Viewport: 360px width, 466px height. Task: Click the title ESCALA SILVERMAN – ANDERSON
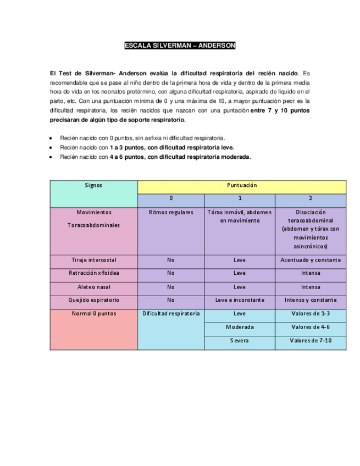coord(180,46)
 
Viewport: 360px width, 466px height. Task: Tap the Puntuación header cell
coord(242,186)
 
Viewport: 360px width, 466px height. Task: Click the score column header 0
coord(170,198)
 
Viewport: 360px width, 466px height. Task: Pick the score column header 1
coord(240,198)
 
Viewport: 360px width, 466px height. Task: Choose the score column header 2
coord(311,198)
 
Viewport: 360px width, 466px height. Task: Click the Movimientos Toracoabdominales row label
coord(93,219)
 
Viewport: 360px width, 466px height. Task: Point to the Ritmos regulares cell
coord(171,212)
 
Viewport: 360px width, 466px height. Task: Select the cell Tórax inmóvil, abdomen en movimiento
coord(240,216)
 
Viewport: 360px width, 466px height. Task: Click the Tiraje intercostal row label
coord(93,259)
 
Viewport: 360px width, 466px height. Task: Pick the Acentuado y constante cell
coord(311,259)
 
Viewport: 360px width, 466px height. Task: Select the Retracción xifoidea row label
coord(93,273)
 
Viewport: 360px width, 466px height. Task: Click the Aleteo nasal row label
coord(93,287)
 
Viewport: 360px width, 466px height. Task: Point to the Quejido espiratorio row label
coord(93,301)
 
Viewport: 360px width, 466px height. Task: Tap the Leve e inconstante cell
coord(240,301)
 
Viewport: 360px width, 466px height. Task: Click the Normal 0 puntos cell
coord(93,314)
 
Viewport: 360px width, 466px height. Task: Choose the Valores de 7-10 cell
coord(311,341)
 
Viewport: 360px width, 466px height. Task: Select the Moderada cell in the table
coord(240,328)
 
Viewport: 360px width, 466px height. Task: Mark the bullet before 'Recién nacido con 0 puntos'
coord(51,138)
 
